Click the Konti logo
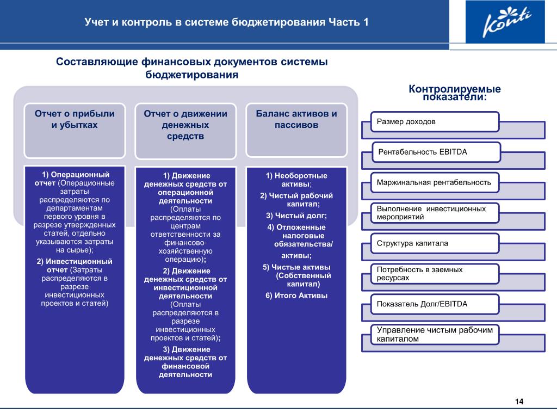(x=505, y=22)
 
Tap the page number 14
(x=519, y=402)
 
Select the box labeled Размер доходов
(x=435, y=122)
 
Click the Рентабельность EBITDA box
(x=436, y=152)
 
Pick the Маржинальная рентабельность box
(x=435, y=183)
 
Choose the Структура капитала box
(x=435, y=243)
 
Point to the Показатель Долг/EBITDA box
(x=435, y=304)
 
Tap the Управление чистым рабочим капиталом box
(x=435, y=335)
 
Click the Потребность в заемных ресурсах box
(x=435, y=274)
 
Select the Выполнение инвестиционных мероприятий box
(x=435, y=213)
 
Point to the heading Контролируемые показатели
(x=455, y=93)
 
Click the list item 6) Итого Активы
(x=296, y=296)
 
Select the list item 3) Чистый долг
(x=296, y=216)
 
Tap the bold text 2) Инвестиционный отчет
(x=75, y=266)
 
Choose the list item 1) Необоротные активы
(x=296, y=180)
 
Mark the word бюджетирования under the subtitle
(x=192, y=75)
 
